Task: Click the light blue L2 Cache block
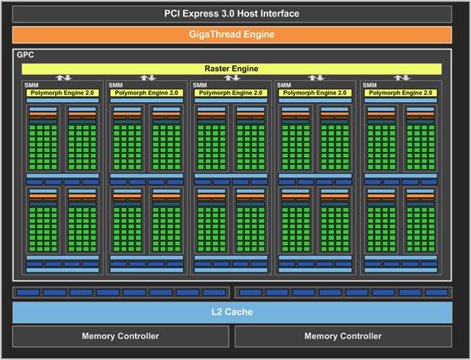[x=232, y=312]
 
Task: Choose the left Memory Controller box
[x=120, y=336]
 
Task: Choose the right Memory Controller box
[x=343, y=336]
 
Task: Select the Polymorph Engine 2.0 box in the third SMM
[x=231, y=93]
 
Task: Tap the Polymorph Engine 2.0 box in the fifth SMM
[x=401, y=93]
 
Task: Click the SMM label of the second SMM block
[x=116, y=85]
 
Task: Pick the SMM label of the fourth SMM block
[x=285, y=85]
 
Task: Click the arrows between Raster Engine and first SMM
[x=64, y=78]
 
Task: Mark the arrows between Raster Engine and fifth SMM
[x=401, y=78]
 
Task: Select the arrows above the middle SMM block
[x=232, y=78]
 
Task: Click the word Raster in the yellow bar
[x=217, y=69]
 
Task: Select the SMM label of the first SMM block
[x=31, y=85]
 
